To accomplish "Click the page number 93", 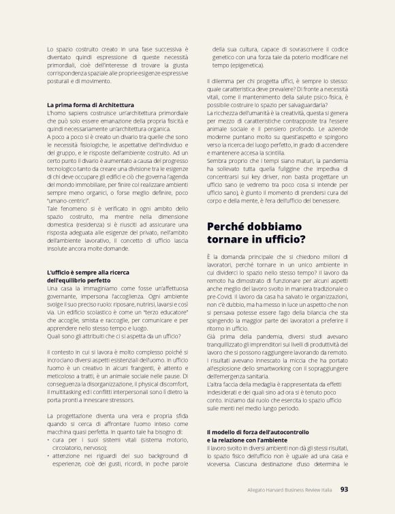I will click(x=344, y=488).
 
